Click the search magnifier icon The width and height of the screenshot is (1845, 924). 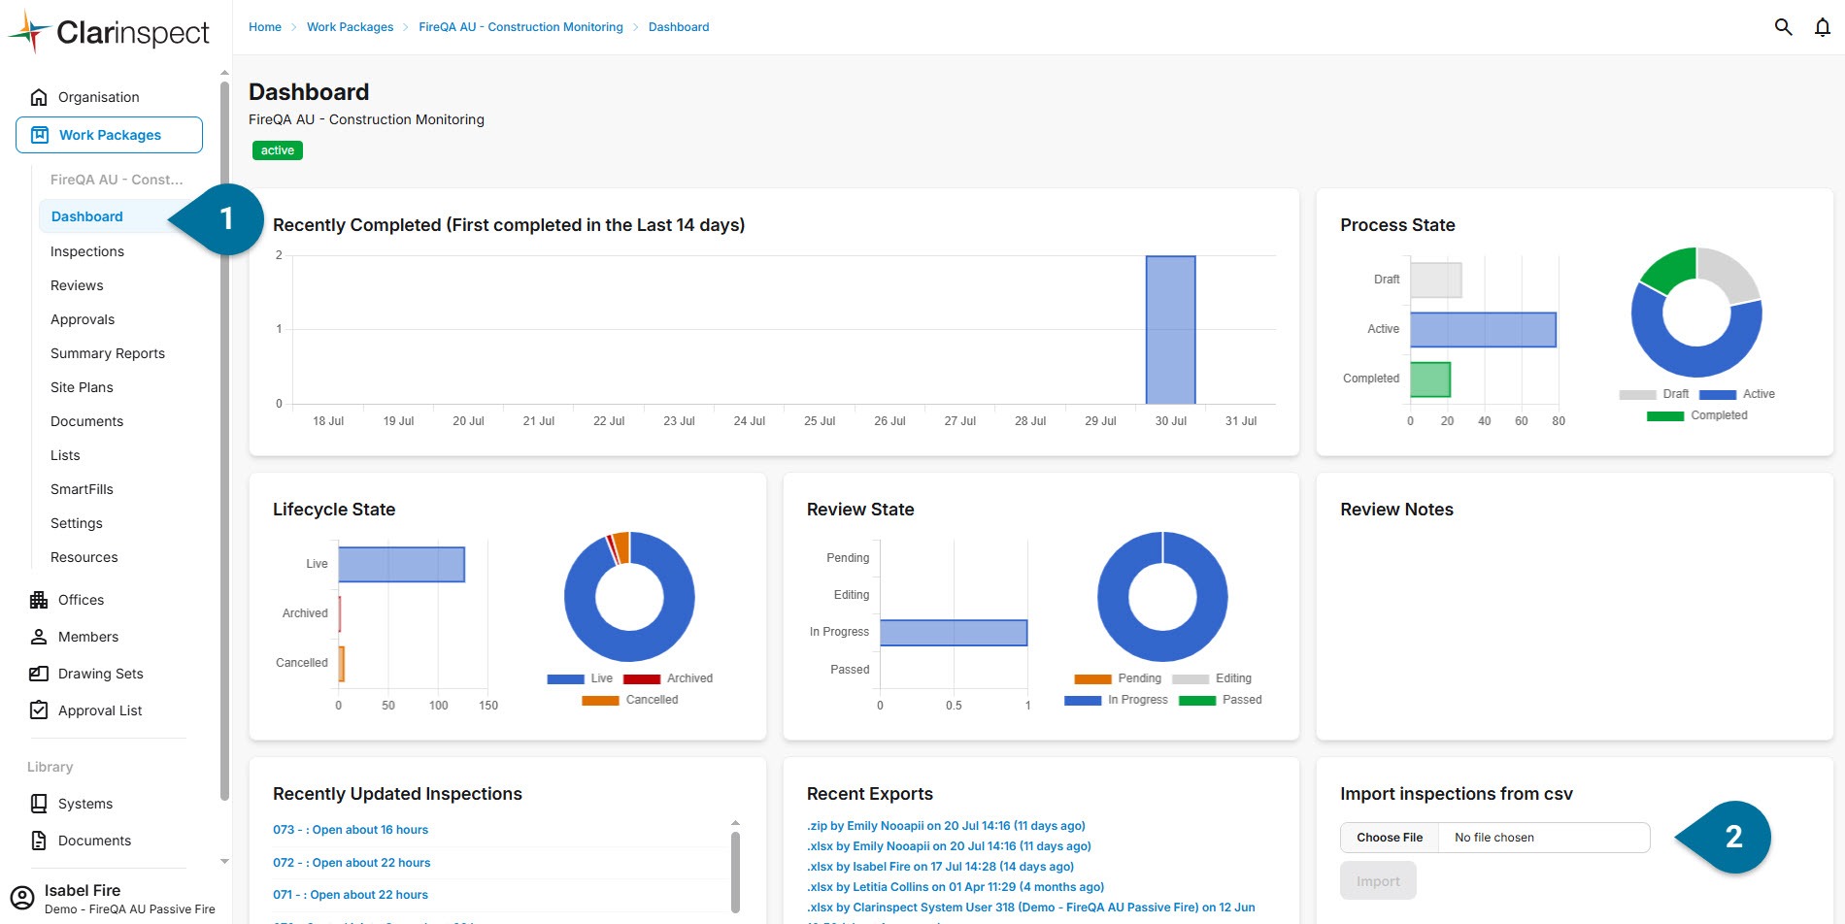(x=1783, y=27)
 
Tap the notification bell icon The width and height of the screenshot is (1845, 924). (x=1823, y=27)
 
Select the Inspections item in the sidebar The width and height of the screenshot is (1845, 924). (x=87, y=251)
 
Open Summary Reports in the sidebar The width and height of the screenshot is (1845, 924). (x=108, y=353)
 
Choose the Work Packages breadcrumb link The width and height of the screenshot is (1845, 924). (x=351, y=27)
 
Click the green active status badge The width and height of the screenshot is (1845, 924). (x=278, y=150)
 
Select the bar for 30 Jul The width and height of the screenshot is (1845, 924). (x=1170, y=330)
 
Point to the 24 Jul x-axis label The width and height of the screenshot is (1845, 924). (x=750, y=421)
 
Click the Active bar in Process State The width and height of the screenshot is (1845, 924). (x=1483, y=330)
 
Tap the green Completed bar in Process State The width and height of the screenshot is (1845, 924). (x=1430, y=379)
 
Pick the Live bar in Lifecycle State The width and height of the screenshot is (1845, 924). (x=401, y=565)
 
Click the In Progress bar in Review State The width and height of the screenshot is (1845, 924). (x=954, y=633)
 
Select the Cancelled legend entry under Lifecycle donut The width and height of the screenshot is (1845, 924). (x=630, y=700)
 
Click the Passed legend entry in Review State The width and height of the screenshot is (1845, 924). (x=1221, y=700)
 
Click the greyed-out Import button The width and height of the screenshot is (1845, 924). (x=1378, y=881)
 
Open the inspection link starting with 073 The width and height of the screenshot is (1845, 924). (x=351, y=830)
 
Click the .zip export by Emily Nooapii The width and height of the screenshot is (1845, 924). (x=946, y=826)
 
